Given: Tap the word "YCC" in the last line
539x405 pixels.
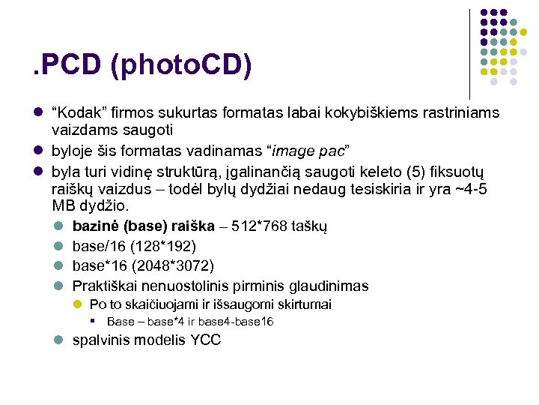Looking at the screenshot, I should [x=206, y=340].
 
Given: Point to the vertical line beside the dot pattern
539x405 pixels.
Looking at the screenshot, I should [x=469, y=52].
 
